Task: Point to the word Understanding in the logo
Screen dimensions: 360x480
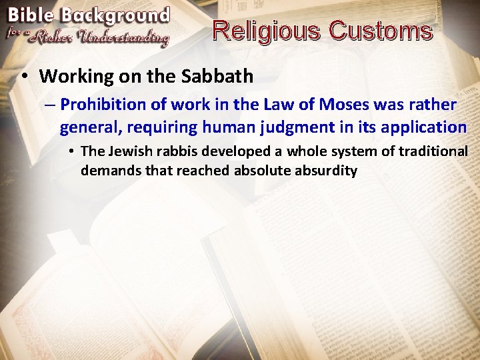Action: click(123, 37)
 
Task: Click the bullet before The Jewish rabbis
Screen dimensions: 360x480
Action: click(71, 151)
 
